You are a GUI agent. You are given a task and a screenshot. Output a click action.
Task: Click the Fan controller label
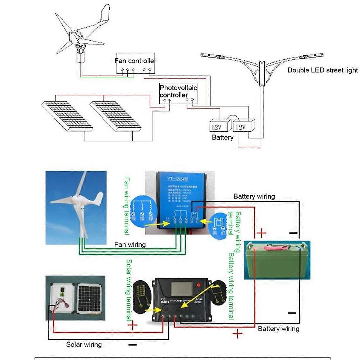(x=135, y=61)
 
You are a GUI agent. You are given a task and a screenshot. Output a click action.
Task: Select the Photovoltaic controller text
(x=178, y=91)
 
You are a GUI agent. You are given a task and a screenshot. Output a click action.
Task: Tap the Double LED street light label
(x=322, y=70)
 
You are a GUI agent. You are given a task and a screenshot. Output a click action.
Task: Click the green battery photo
(x=277, y=260)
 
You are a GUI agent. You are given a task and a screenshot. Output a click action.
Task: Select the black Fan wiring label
(x=130, y=245)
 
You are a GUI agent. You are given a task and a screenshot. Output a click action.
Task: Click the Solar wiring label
(x=84, y=345)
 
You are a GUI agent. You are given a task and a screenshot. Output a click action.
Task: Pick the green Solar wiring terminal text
(x=129, y=290)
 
